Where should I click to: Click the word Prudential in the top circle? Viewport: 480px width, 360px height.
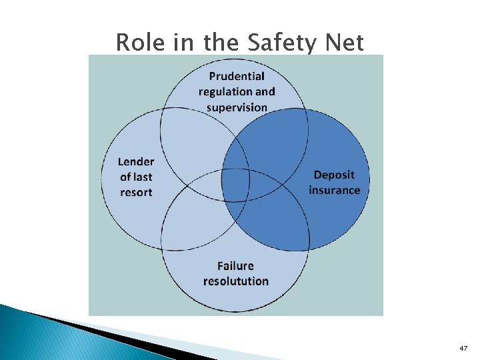pos(237,76)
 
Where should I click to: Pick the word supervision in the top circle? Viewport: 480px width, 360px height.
pos(237,107)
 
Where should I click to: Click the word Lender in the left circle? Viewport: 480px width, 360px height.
pos(136,161)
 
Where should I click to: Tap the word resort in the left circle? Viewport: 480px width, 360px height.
pos(136,193)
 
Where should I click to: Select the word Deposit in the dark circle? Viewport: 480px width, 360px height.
pos(334,175)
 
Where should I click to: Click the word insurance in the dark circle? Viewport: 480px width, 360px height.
pos(334,190)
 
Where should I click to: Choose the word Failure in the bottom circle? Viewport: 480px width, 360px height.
pos(236,265)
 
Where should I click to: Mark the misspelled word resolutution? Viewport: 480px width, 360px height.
pos(236,281)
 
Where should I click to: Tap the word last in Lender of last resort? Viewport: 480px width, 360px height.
pos(143,177)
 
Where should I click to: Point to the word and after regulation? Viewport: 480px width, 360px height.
pos(265,91)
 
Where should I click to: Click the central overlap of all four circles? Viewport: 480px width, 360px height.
pos(236,184)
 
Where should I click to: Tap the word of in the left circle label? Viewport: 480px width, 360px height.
pos(125,177)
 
